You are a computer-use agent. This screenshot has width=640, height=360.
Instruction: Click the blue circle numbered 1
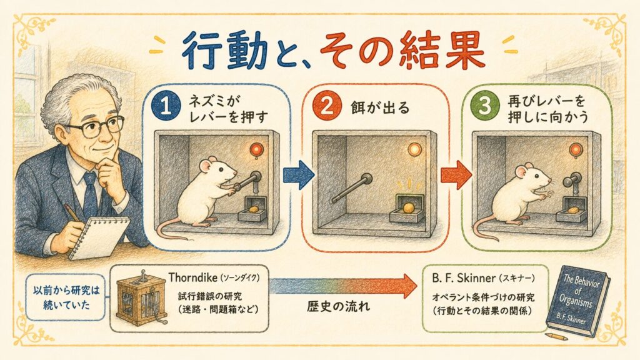(x=166, y=107)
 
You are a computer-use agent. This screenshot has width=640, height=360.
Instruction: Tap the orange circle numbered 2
(x=326, y=106)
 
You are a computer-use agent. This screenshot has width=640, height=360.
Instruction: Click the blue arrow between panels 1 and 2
(x=299, y=175)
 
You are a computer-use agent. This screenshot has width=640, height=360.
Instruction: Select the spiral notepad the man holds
(x=99, y=237)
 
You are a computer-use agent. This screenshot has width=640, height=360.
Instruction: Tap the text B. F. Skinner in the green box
(x=463, y=278)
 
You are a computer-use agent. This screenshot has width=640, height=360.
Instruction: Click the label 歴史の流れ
(x=338, y=306)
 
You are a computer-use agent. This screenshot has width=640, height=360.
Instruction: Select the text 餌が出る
(x=379, y=107)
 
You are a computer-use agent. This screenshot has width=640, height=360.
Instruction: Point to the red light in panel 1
(x=257, y=149)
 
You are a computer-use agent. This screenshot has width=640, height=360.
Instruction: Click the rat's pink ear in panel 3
(x=521, y=172)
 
